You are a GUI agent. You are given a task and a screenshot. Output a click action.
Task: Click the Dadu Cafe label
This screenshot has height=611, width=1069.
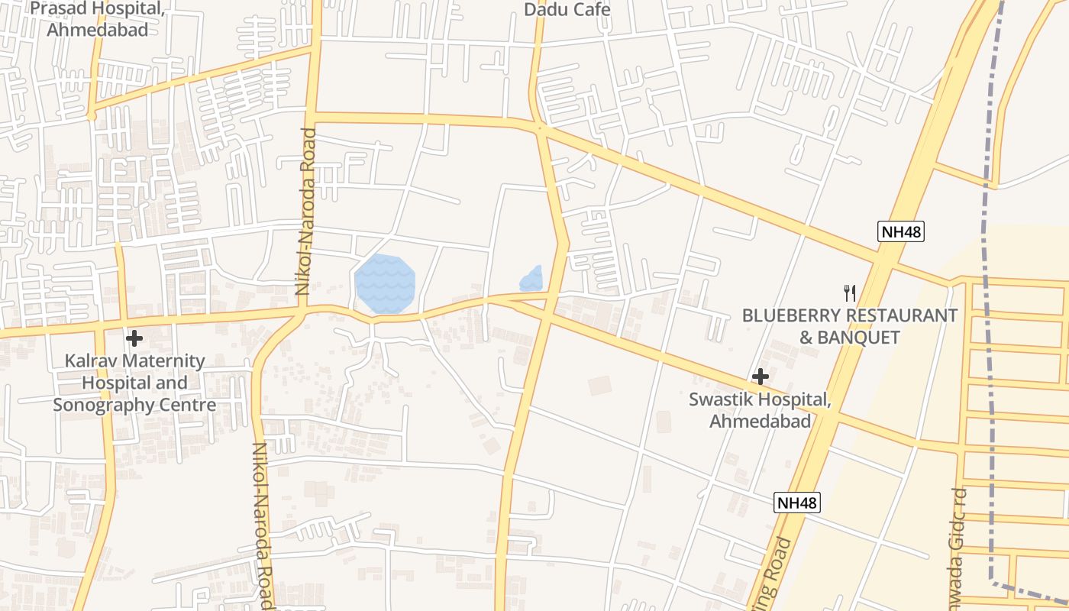[x=567, y=10]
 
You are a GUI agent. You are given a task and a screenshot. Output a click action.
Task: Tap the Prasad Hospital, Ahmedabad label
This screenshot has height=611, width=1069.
[x=97, y=20]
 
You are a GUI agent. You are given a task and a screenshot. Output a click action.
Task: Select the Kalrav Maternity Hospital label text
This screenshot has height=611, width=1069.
[x=134, y=383]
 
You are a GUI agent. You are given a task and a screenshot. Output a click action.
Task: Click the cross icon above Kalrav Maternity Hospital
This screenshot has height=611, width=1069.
[x=134, y=338]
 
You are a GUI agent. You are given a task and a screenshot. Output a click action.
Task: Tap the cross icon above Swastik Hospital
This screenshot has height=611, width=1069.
[x=760, y=376]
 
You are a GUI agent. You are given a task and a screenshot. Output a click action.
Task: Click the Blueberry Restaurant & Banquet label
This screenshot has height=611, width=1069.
[x=849, y=326]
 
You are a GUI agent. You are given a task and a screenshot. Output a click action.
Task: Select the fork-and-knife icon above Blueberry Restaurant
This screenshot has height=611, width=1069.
[x=849, y=293]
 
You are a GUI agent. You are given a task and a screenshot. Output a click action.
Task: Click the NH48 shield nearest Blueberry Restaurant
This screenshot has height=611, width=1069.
[x=900, y=232]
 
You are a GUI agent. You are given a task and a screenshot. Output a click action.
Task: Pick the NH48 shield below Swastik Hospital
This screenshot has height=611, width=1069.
[x=796, y=503]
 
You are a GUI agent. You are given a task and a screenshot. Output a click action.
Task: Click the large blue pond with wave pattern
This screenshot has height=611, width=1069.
[x=385, y=283]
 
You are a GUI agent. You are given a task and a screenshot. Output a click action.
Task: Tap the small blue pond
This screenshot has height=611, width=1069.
[x=531, y=280]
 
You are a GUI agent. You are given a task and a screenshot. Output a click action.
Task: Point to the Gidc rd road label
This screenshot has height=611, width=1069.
[x=959, y=535]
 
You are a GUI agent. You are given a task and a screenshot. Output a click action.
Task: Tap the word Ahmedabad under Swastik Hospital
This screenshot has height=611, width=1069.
[x=760, y=421]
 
